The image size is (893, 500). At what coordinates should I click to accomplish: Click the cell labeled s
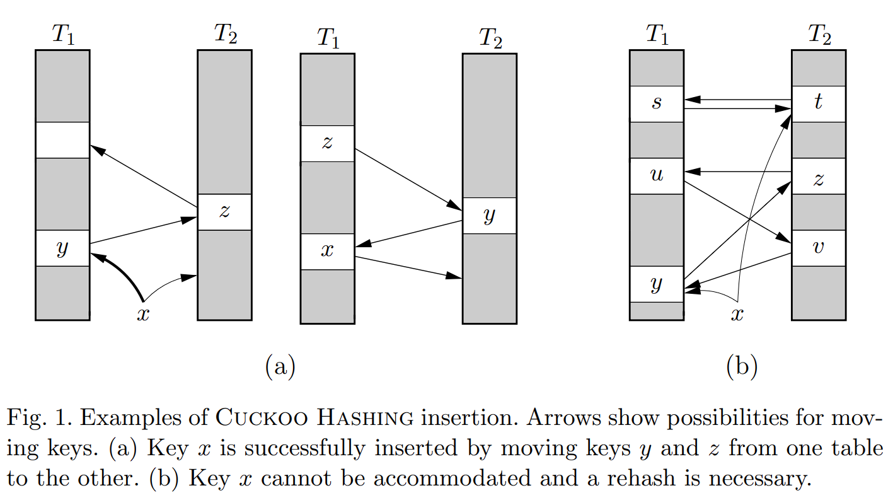(x=656, y=104)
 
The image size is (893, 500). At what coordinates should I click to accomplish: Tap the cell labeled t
(x=818, y=104)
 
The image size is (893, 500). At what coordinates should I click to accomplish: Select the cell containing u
(x=656, y=176)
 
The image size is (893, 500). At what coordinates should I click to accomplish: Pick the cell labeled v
(x=818, y=248)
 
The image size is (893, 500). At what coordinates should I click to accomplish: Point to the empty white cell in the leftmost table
(x=62, y=140)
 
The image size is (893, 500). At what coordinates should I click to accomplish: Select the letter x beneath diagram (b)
(x=737, y=314)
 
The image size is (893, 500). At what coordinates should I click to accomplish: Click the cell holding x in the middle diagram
(x=327, y=252)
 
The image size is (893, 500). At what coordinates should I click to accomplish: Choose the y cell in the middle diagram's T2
(x=489, y=216)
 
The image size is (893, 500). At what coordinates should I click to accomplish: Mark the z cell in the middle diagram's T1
(x=327, y=144)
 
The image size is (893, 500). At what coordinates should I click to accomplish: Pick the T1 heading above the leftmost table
(x=62, y=35)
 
